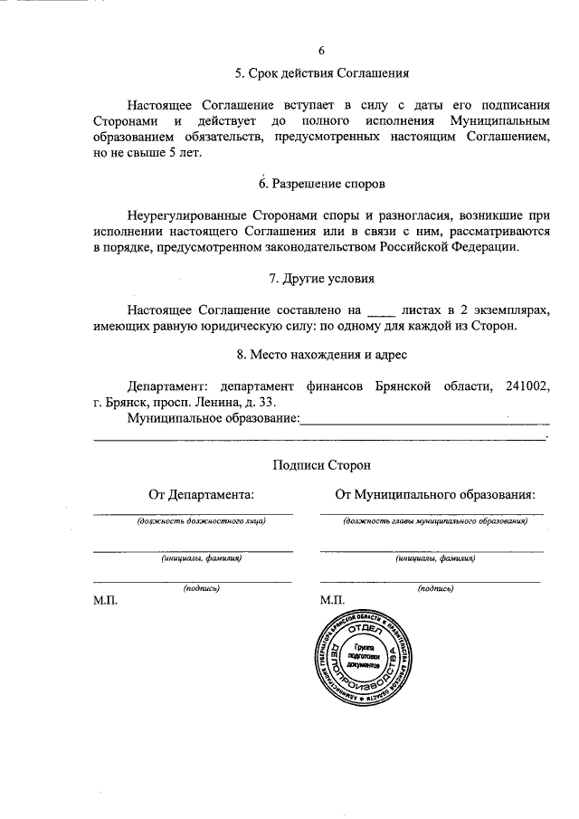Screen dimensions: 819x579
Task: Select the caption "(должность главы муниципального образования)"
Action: pos(434,522)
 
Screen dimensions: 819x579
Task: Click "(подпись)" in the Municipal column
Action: pos(435,588)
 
